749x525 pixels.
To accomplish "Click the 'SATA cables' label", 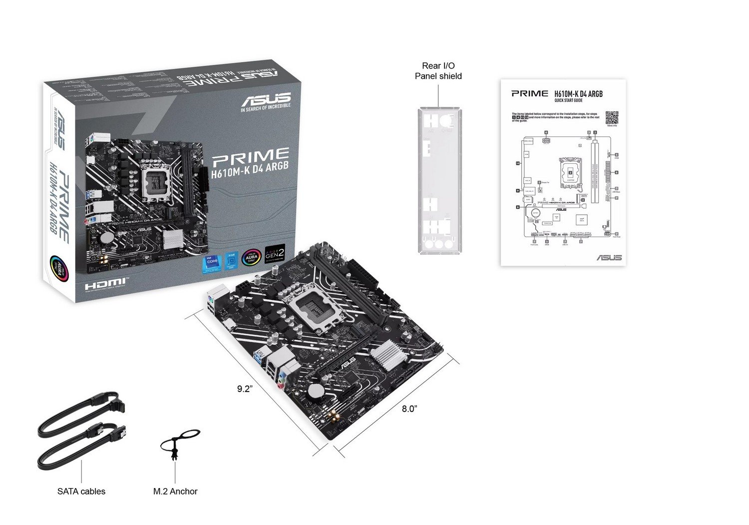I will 81,492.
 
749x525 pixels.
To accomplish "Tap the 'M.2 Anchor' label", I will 175,492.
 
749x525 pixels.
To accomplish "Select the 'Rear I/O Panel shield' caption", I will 438,71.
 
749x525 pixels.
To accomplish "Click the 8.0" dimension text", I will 409,409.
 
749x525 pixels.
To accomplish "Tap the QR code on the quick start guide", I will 612,118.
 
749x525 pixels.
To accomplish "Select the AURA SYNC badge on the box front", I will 251,257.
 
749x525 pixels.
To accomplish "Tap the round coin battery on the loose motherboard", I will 316,391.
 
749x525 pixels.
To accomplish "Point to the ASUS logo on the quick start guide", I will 609,257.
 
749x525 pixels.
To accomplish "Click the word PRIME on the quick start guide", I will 529,93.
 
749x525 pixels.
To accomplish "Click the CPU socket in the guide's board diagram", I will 570,172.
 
